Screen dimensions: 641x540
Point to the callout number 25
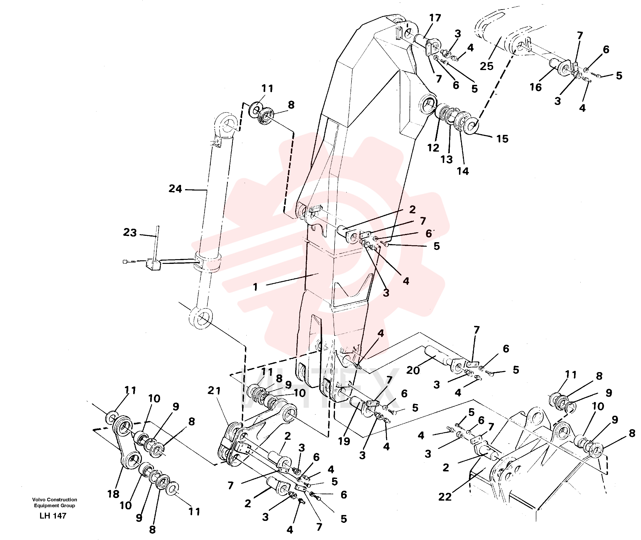[x=487, y=66]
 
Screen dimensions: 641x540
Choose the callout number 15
[x=502, y=139]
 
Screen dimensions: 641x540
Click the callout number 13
[x=447, y=159]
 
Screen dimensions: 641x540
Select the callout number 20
[x=413, y=370]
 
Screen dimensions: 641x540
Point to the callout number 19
[x=344, y=441]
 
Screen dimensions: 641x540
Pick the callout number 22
[x=445, y=497]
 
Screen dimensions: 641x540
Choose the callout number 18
[x=113, y=494]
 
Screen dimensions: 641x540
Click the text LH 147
[x=53, y=516]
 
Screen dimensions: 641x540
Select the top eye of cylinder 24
[x=227, y=126]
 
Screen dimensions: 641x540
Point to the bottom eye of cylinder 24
[x=200, y=318]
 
